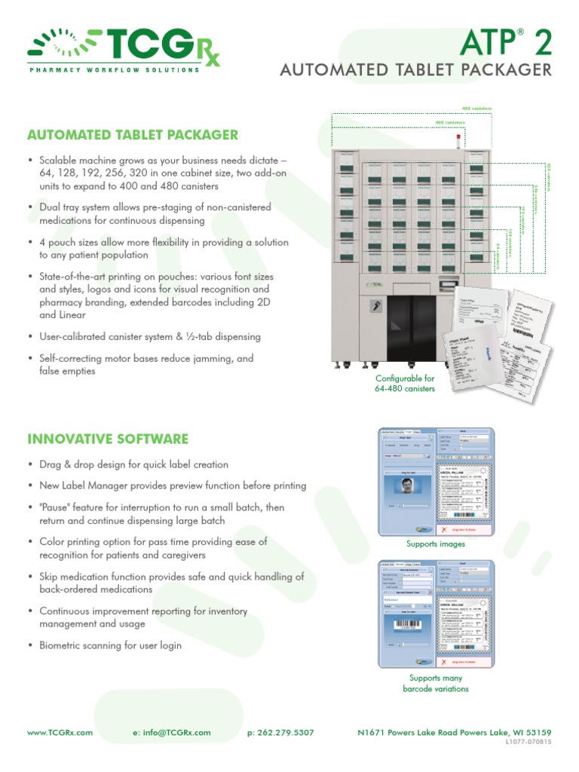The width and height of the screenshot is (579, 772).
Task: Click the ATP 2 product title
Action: (513, 41)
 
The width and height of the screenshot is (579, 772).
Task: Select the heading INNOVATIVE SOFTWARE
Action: (108, 439)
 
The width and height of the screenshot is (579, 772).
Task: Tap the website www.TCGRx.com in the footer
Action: (60, 732)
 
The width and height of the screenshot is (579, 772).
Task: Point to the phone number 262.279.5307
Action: (280, 732)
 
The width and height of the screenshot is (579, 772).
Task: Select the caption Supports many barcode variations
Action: (436, 683)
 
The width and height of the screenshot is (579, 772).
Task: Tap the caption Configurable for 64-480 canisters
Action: (405, 384)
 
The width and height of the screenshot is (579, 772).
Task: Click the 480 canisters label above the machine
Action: (476, 109)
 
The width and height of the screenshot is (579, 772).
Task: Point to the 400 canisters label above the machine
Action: (449, 122)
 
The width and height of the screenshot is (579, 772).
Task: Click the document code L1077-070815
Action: (531, 742)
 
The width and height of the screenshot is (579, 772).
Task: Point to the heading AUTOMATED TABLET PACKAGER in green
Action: (132, 136)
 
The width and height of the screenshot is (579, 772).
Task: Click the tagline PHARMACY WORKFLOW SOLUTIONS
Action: (114, 70)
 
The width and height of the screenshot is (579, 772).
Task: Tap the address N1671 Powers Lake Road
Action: (424, 732)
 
